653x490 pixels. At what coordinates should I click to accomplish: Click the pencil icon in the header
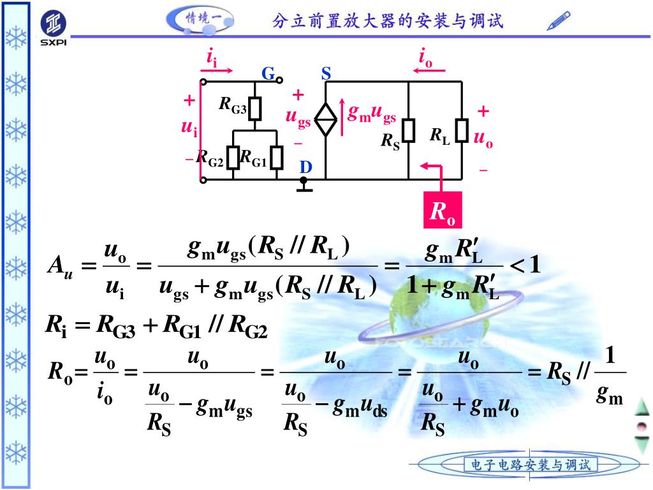tap(559, 21)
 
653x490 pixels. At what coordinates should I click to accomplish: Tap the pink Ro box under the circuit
tap(443, 210)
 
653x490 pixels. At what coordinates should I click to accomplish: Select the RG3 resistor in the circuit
tap(256, 109)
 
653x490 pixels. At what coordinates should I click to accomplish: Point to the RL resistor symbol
tap(462, 131)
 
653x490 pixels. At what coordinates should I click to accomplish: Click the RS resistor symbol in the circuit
tap(409, 131)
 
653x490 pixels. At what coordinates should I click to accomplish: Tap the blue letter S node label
tap(326, 74)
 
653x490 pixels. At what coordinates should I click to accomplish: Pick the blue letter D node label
tap(306, 167)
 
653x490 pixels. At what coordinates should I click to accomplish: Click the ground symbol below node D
tap(305, 187)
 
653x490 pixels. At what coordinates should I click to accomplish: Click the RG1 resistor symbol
tap(276, 158)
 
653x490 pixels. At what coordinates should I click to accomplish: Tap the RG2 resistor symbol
tap(233, 158)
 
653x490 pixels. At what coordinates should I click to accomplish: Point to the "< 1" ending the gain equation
tap(526, 264)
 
